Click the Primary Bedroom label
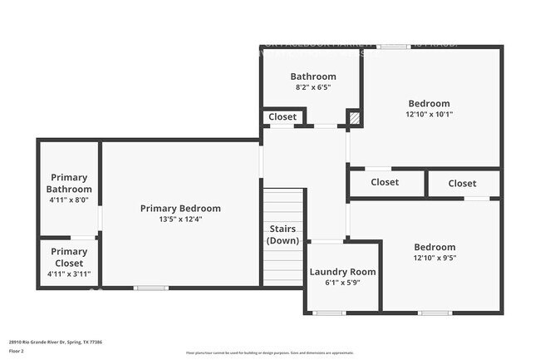(180, 208)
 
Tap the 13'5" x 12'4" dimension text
(180, 219)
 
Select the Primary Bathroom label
(69, 183)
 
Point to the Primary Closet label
(69, 257)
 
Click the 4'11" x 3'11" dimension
(69, 274)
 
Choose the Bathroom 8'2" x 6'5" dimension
(313, 87)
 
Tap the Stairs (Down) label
(282, 234)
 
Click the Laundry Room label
(342, 272)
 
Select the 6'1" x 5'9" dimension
(342, 283)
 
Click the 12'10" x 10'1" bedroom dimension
(428, 115)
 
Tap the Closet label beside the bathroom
(282, 117)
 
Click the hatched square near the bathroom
(354, 118)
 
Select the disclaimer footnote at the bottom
(269, 353)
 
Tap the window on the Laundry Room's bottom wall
(330, 313)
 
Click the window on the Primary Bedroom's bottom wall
(150, 288)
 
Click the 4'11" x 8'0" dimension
(69, 200)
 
